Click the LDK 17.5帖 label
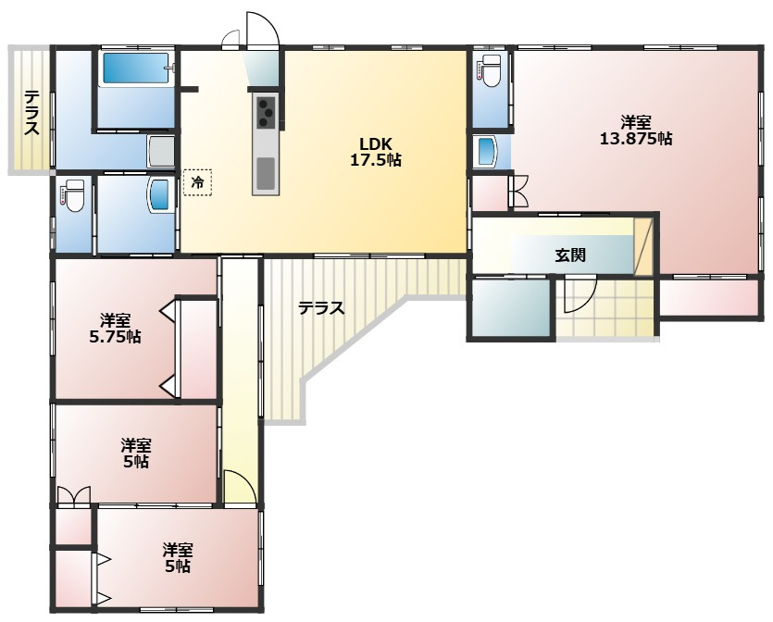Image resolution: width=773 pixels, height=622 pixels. click(375, 152)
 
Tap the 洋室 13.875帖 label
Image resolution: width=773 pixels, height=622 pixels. click(635, 131)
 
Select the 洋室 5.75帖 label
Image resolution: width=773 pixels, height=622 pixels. click(115, 329)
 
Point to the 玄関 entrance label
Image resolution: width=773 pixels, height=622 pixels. click(570, 255)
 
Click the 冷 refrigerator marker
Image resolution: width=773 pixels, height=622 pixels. click(197, 182)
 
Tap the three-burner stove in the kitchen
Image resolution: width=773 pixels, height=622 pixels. click(267, 111)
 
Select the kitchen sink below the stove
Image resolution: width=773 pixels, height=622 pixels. click(266, 172)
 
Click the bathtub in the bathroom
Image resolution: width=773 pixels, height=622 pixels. click(136, 68)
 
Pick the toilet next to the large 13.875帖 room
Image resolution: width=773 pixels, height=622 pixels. click(491, 69)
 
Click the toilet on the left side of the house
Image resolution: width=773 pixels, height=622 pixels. click(72, 195)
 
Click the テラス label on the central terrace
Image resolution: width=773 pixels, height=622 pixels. click(321, 308)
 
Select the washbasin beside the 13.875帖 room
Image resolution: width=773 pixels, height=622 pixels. click(487, 151)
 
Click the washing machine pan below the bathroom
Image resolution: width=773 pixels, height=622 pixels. click(161, 151)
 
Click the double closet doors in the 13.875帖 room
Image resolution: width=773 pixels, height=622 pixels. click(520, 191)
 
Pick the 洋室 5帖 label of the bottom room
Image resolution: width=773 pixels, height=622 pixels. click(177, 557)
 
